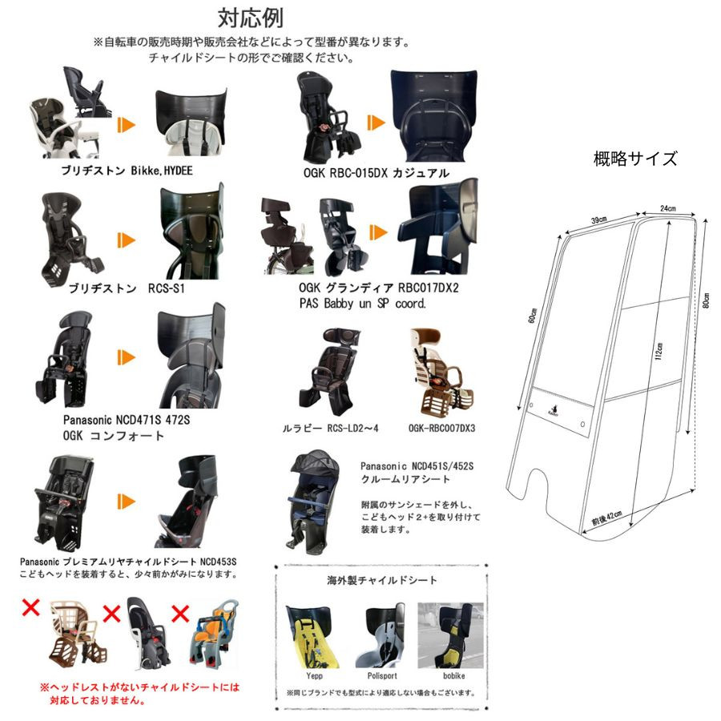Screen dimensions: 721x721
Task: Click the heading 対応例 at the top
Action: coord(250,18)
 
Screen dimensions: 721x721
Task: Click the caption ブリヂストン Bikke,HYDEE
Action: coord(127,171)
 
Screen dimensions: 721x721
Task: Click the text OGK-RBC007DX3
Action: coord(441,429)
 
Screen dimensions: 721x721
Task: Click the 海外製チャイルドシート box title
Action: coord(382,580)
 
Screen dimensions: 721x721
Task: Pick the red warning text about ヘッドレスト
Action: coord(139,693)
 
